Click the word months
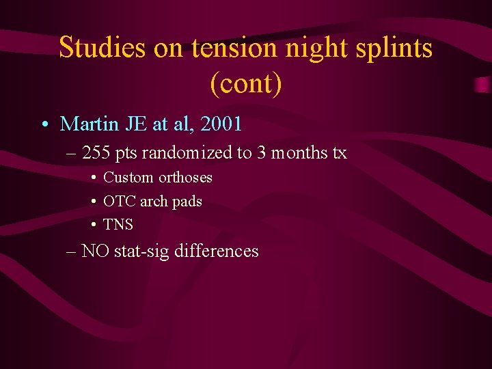pos(300,152)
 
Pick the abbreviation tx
pos(340,152)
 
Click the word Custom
pos(128,178)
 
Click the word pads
pos(187,202)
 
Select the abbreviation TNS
pos(118,225)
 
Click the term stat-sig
pos(141,251)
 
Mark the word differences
pos(217,251)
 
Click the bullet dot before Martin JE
pos(44,125)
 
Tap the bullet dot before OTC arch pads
pos(92,202)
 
